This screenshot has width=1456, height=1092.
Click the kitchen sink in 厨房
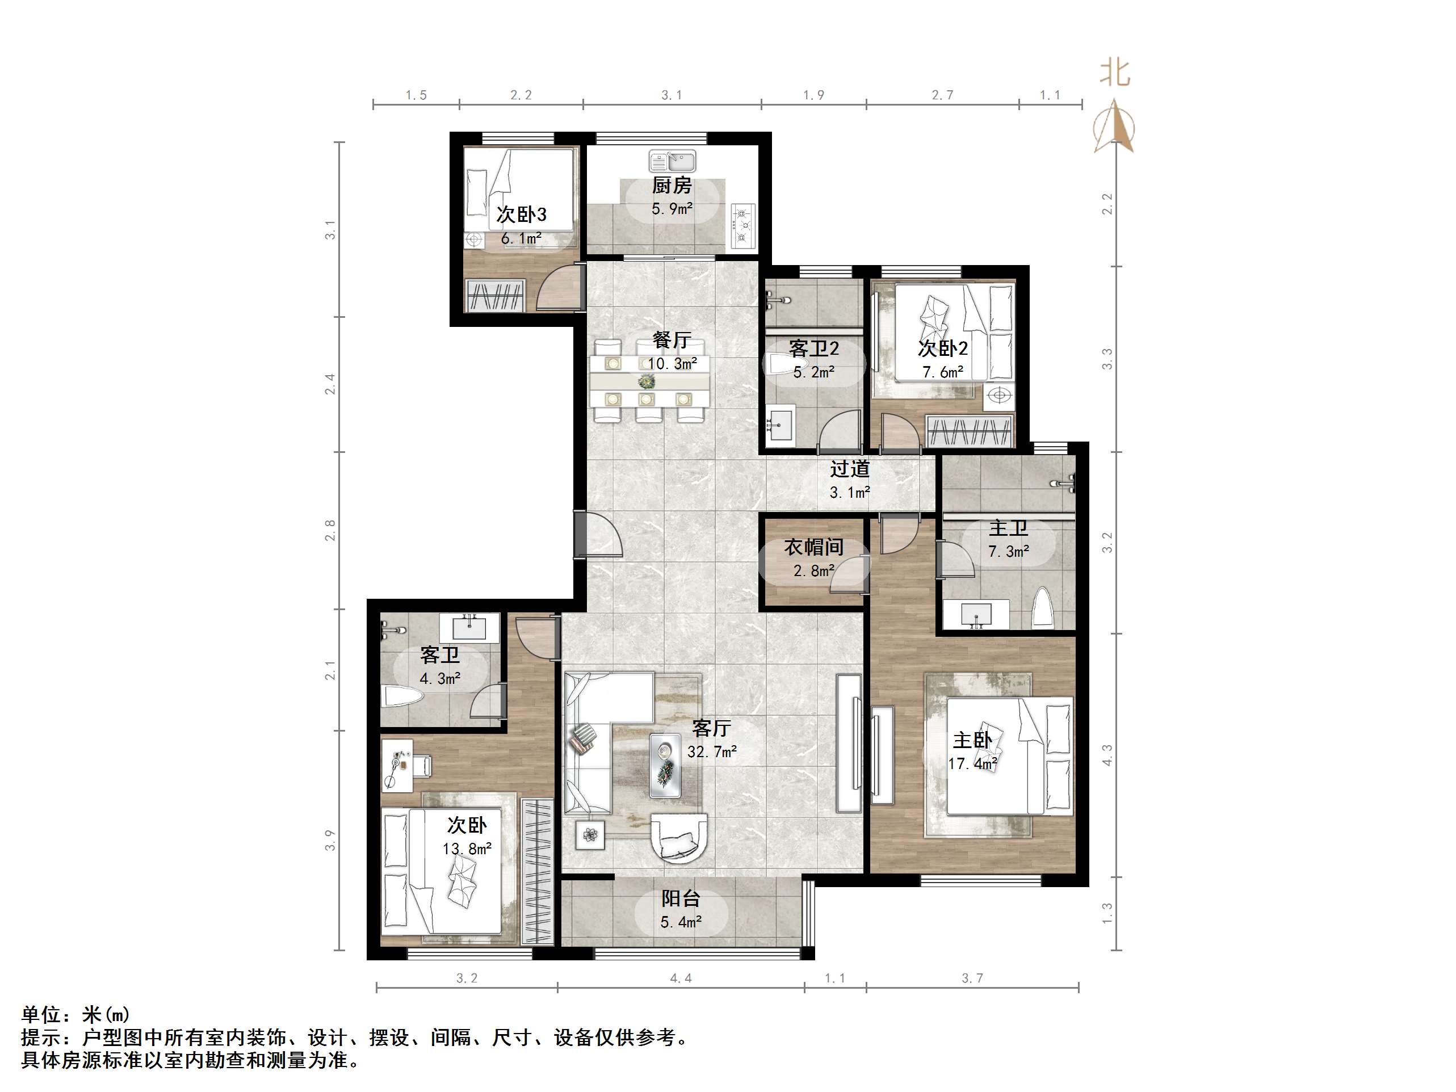coord(672,161)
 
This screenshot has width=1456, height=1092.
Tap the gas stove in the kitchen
coord(743,226)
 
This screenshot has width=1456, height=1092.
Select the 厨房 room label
coord(672,186)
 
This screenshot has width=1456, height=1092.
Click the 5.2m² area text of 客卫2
coord(813,372)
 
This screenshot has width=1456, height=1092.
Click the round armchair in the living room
coord(679,837)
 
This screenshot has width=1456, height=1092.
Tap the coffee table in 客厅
coord(665,766)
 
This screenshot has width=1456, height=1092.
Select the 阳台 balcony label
coord(681,898)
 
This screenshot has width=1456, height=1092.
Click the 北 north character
coord(1115,73)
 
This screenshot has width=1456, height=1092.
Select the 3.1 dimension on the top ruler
coord(672,95)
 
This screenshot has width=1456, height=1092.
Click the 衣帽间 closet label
coord(813,548)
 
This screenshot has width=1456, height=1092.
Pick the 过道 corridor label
coord(850,469)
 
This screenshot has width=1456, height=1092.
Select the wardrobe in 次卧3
coord(495,296)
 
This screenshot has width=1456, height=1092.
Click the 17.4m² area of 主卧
coord(972,764)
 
